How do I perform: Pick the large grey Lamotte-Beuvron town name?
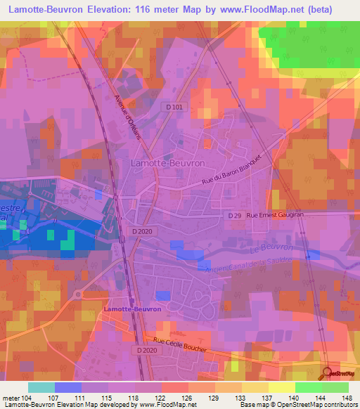(167, 162)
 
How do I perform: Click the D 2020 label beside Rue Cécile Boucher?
(147, 350)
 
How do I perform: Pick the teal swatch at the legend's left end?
(41, 387)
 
